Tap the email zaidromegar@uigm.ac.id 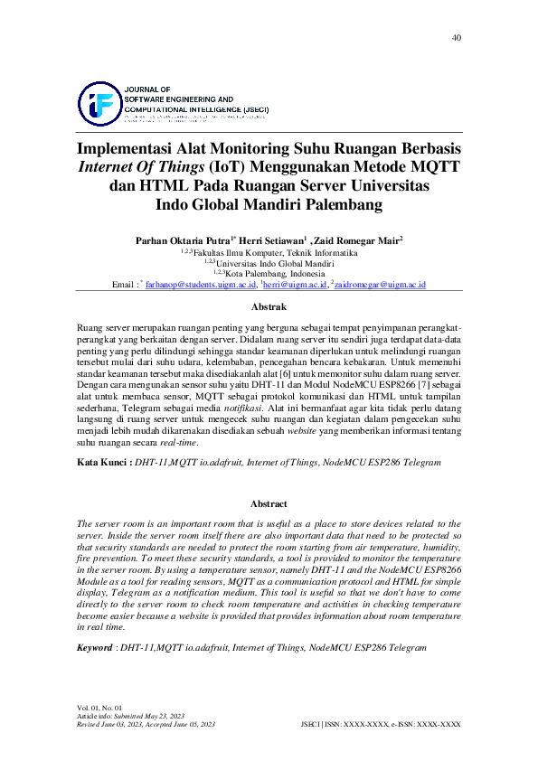380,285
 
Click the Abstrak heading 269,307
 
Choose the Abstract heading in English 269,503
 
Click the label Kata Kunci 101,462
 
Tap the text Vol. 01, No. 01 99,707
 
